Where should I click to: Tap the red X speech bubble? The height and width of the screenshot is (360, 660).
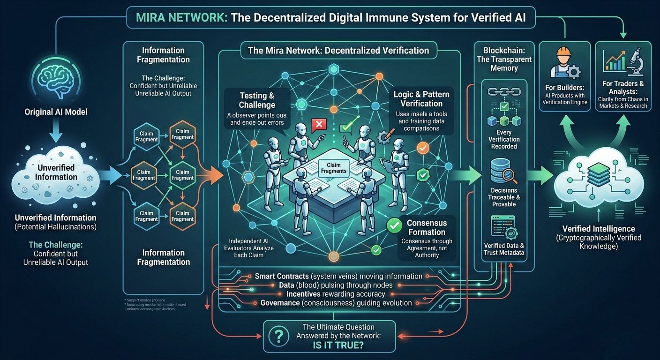tap(319, 125)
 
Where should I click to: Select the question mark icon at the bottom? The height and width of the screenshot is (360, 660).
tap(279, 336)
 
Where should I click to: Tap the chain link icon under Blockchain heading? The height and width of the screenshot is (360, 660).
tap(504, 92)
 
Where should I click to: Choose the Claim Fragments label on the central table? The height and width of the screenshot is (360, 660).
tap(333, 167)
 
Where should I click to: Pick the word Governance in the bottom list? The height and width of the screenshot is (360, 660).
tap(280, 303)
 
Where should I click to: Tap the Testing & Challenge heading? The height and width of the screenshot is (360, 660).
tap(257, 100)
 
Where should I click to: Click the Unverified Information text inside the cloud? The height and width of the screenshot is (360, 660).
tap(56, 172)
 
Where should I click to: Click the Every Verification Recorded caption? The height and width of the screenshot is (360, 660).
tap(504, 139)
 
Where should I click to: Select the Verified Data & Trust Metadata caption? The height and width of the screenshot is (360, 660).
tap(504, 249)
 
